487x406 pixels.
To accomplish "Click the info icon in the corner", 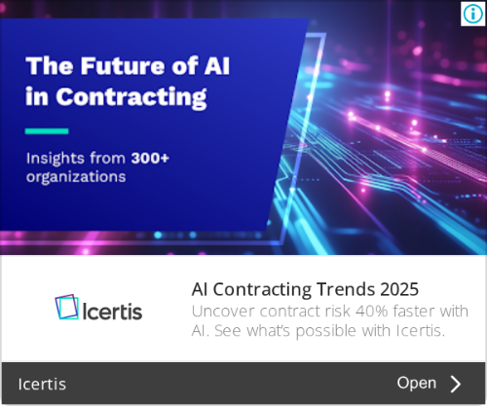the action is [x=472, y=14].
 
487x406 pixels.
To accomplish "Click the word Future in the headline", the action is [x=124, y=66].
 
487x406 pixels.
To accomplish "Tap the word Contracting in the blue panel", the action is [x=131, y=97].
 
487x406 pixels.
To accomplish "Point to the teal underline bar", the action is [x=47, y=131].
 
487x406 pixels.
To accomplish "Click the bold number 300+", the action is [x=150, y=158].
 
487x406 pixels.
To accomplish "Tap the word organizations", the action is [x=76, y=177].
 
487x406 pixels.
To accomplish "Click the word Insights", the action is [x=56, y=159].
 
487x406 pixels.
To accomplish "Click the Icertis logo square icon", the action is [x=67, y=307].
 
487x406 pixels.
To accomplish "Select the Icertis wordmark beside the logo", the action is [x=112, y=312].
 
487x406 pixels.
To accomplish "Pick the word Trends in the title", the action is [x=346, y=289].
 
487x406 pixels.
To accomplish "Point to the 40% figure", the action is [x=372, y=312].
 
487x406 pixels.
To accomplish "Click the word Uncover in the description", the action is [x=223, y=312].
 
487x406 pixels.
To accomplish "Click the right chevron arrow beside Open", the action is [x=456, y=384].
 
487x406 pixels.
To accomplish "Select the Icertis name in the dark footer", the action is [x=42, y=385].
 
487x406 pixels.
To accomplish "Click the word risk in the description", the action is [x=338, y=312].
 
